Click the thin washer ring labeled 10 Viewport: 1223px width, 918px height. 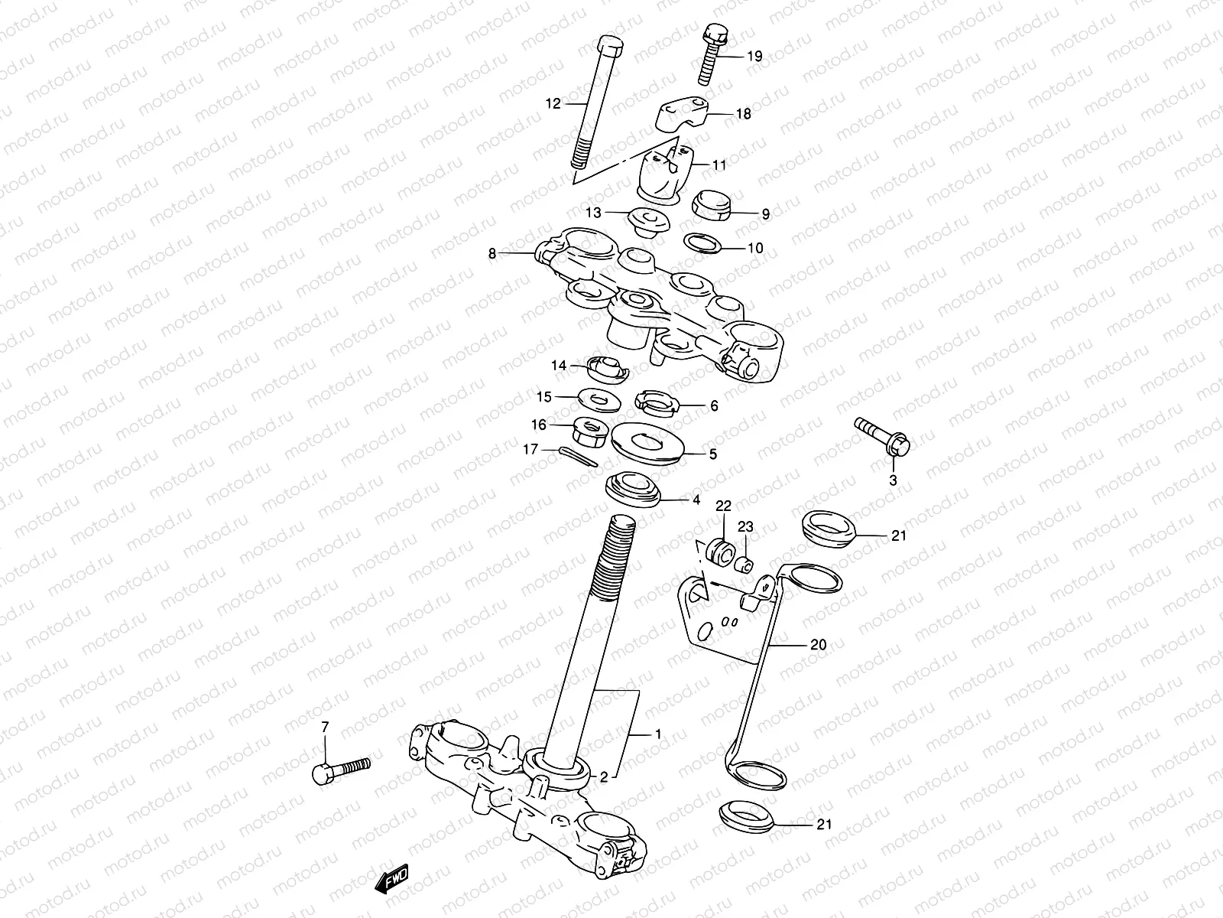click(702, 244)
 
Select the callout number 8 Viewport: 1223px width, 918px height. click(492, 252)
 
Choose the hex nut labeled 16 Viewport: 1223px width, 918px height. click(589, 430)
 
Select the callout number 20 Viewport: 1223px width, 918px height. click(818, 645)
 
